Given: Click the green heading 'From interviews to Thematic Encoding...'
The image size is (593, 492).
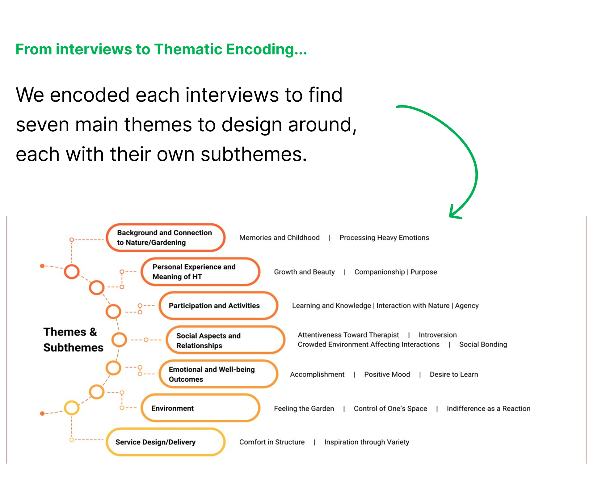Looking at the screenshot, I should coord(161,49).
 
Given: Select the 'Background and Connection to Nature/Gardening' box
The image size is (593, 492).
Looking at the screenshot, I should coord(166,237).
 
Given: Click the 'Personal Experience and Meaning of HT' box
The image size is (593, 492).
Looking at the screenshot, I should coord(200,272).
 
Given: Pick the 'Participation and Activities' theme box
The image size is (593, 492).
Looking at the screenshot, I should coord(218,306).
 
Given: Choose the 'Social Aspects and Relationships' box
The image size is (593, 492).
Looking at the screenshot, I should coord(225,340).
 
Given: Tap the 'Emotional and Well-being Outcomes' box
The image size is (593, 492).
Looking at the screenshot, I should coord(218,374).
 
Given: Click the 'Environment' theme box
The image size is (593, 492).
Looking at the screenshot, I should coord(200,408).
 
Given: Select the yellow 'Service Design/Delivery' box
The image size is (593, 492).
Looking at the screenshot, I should coord(166,442).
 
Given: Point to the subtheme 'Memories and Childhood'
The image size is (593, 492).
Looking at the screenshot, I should coord(279,238).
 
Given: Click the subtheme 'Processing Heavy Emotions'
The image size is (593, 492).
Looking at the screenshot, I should coord(384,238).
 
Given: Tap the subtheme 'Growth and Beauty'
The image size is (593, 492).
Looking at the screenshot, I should coord(304,272).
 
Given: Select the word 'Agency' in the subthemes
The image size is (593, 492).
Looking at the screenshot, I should coord(467,306).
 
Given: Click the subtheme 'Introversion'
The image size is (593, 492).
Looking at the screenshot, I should coord(437,335).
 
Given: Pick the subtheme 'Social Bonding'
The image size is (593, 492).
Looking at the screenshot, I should coord(483,345).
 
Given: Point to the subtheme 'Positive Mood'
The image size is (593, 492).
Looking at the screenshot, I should coord(387,375).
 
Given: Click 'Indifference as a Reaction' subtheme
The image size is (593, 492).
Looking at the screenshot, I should coord(488,409).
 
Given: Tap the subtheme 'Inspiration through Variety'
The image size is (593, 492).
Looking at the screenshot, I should coord(367,442).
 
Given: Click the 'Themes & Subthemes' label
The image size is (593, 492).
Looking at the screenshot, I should coord(73,340).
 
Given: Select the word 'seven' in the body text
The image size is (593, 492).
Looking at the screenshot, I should coord(43,125).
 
